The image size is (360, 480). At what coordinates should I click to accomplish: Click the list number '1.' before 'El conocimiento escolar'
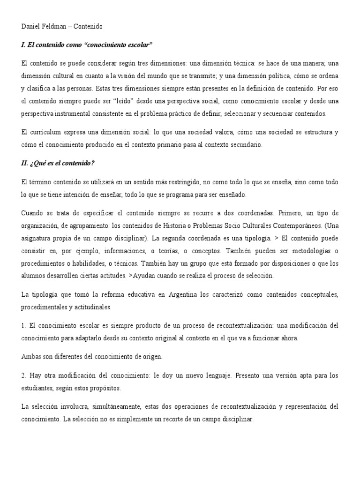24,325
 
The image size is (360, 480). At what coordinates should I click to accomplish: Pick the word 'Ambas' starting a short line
30,357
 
